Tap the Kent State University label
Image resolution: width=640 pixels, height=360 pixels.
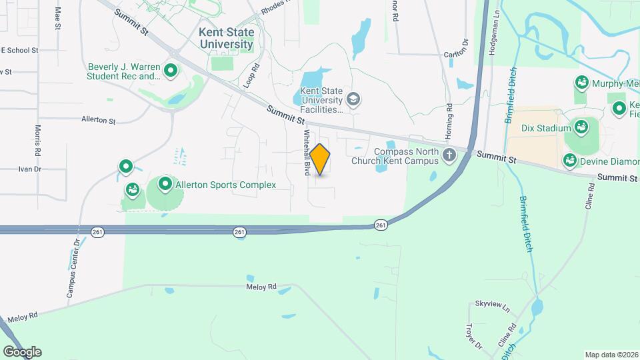226,38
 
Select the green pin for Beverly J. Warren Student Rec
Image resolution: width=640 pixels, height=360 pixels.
171,69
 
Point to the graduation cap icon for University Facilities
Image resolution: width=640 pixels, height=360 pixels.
353,101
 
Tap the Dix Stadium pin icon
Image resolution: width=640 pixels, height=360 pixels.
581,127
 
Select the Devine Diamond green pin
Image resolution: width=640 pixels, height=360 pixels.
570,160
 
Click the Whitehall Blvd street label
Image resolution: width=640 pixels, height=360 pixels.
307,152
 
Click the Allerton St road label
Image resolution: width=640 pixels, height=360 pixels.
99,121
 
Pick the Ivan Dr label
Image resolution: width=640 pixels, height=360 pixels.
29,169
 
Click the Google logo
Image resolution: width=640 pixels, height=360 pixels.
21,351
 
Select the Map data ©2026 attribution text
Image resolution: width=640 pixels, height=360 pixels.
611,355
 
